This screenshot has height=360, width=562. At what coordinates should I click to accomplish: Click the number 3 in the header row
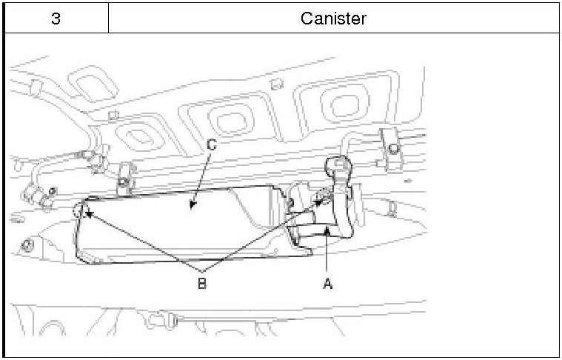point(56,18)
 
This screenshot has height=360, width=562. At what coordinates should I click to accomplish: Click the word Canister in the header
point(333,18)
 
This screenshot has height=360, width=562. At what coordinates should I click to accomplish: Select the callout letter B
point(201,282)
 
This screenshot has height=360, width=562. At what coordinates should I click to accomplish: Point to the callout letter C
point(212,145)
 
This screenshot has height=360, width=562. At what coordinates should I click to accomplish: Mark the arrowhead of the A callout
point(327,233)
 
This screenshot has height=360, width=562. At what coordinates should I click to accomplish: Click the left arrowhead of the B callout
point(90,216)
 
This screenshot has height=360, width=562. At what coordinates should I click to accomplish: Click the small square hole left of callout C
point(113,116)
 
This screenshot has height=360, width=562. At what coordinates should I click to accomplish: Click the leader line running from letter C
point(201,175)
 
